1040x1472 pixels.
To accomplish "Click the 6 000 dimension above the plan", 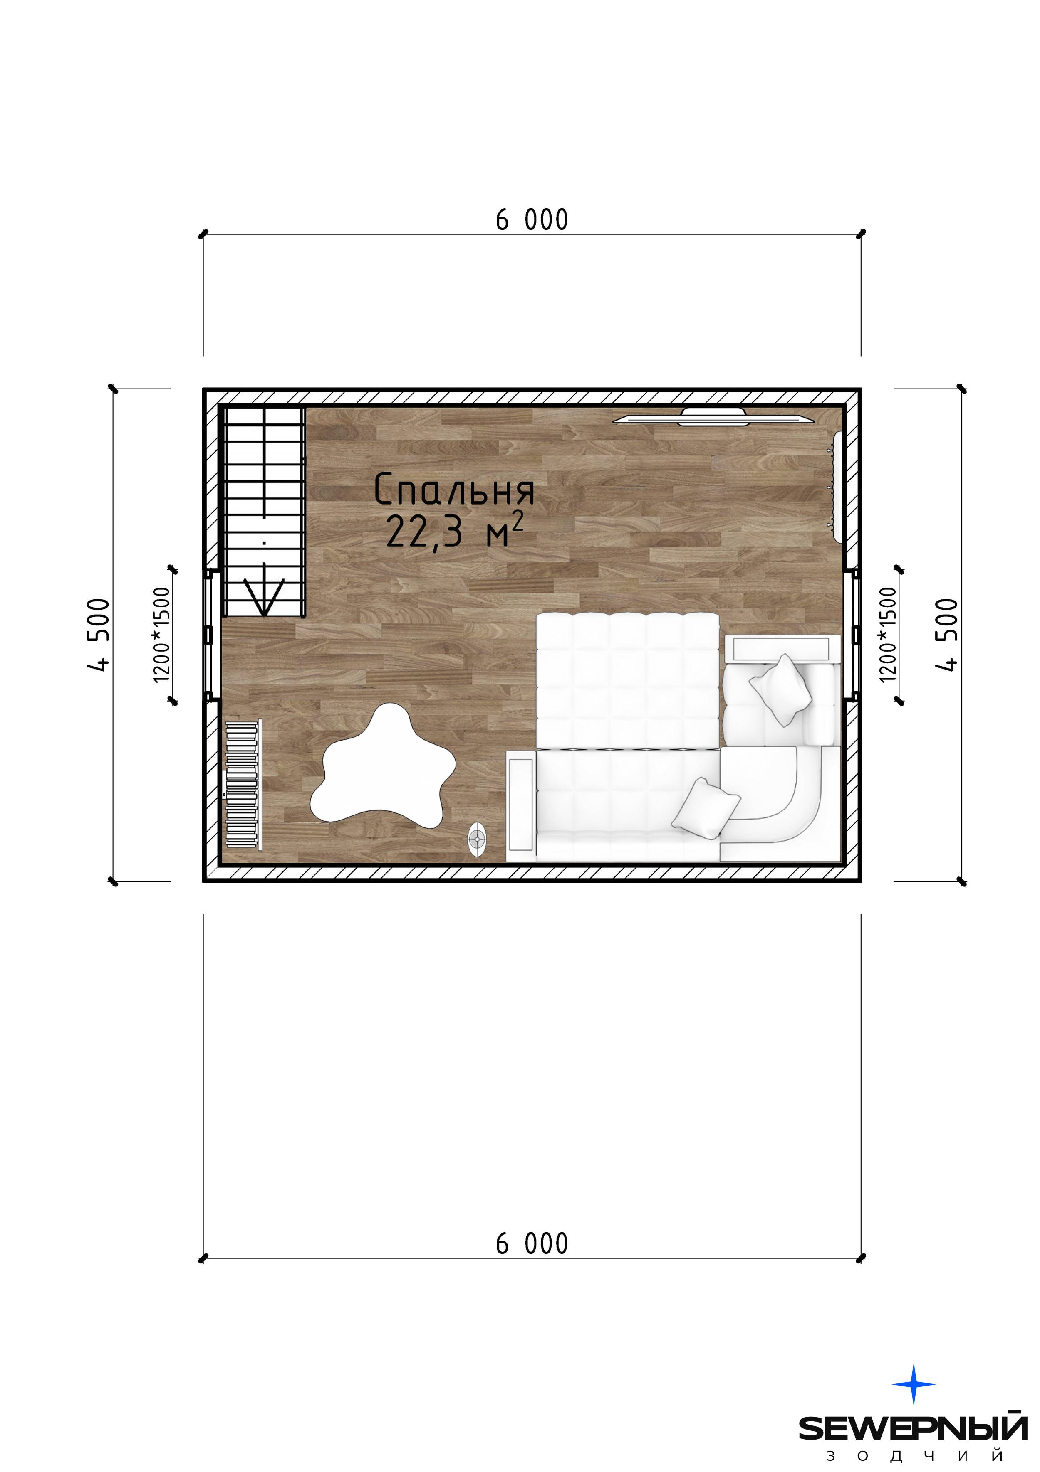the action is (x=532, y=220).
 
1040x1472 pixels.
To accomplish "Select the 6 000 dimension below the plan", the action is (x=532, y=1244).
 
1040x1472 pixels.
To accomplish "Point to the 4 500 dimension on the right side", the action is (x=947, y=635).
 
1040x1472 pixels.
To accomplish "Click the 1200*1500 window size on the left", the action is (x=162, y=635).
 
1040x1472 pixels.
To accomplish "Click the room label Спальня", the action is (x=454, y=490).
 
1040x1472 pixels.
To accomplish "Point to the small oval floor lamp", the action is (x=477, y=839).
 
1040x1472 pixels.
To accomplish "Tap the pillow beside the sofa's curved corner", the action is (x=706, y=808).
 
